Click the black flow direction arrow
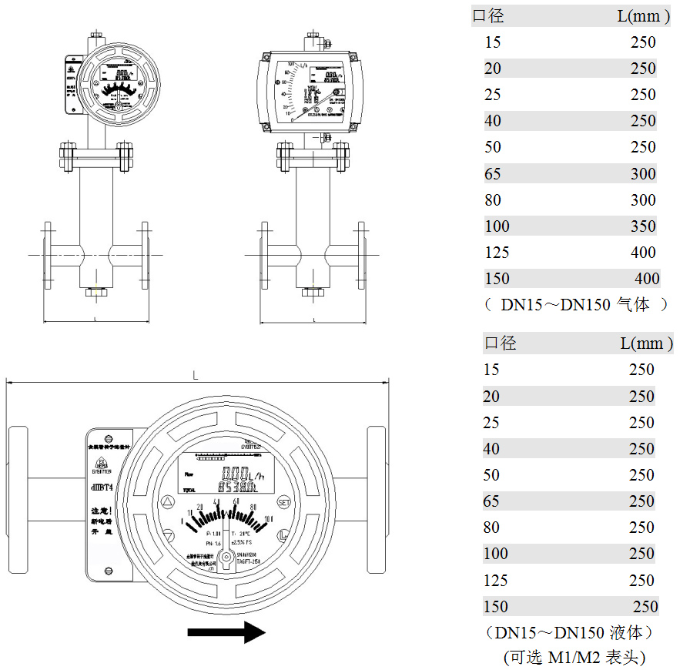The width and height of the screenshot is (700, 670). (226, 632)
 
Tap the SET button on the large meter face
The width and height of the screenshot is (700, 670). (283, 502)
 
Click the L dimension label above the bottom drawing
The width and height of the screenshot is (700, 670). (196, 374)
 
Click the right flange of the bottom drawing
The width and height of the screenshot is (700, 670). (377, 499)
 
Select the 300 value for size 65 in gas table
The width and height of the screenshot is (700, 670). (643, 174)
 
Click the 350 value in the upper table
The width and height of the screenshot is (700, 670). (643, 226)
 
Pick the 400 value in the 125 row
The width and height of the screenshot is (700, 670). (643, 253)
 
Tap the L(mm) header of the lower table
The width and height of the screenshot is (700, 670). (646, 343)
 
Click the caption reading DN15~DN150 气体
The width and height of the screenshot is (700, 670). (575, 305)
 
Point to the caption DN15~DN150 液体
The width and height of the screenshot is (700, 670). (571, 633)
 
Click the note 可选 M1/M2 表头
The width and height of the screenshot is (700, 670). (574, 658)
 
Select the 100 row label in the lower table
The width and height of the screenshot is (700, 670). (496, 554)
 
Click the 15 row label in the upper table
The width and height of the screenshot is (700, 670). (492, 42)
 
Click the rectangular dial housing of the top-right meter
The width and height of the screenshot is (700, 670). (307, 92)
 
